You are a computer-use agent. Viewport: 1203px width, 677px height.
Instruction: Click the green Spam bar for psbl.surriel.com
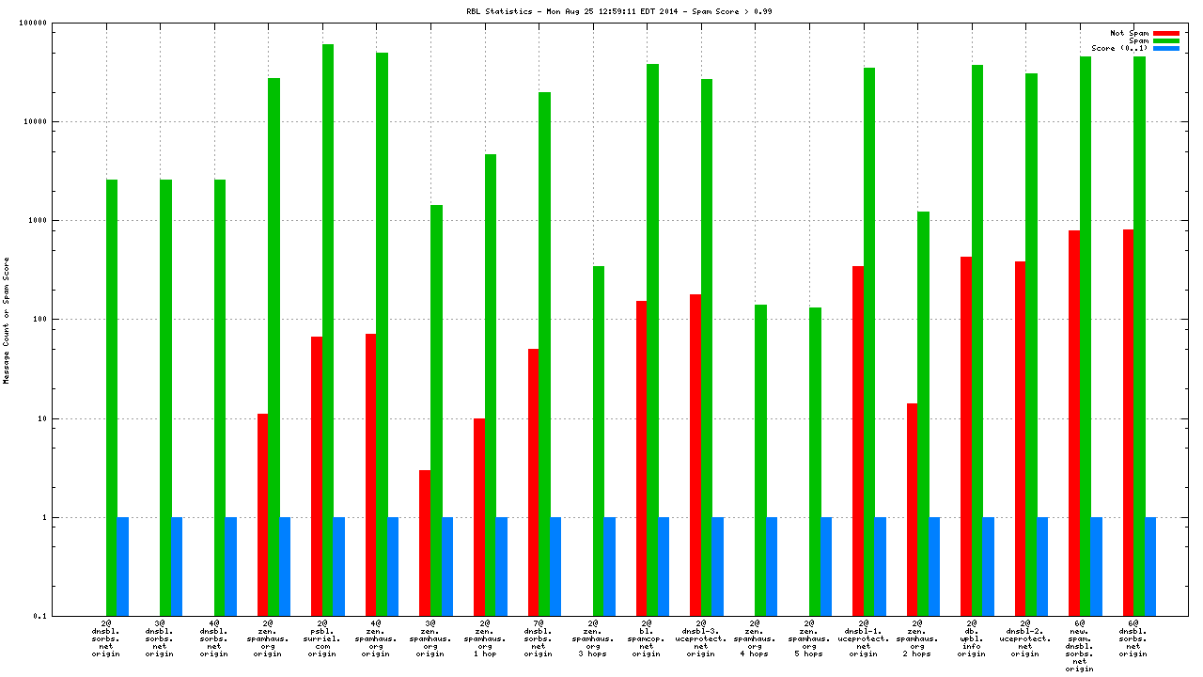328,329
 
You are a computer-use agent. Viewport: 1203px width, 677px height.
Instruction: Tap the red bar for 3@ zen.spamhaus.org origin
425,543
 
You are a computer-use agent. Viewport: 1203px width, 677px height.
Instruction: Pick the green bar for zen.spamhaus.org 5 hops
815,461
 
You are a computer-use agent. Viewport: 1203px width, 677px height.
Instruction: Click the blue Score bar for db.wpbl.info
989,566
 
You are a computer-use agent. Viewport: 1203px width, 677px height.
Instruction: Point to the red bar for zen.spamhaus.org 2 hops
912,509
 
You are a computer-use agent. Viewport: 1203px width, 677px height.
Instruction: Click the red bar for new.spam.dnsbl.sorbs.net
1074,423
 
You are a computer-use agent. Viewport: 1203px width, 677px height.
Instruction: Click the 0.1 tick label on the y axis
67,616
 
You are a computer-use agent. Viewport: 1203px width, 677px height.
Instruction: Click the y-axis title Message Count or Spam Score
7,320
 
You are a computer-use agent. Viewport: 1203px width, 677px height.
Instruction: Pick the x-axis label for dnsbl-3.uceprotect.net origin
700,638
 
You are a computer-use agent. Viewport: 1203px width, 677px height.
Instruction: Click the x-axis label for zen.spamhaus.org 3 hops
592,638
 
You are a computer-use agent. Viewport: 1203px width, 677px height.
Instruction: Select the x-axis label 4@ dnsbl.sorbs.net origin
213,638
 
